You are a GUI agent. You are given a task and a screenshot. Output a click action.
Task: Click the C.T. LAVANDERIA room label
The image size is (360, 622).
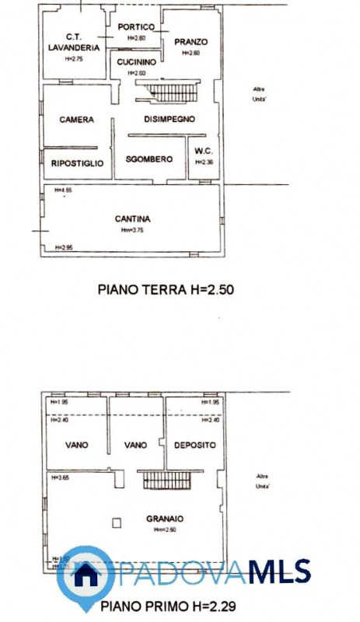pyautogui.click(x=75, y=42)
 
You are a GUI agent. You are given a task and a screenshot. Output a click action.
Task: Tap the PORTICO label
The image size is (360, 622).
pyautogui.click(x=136, y=27)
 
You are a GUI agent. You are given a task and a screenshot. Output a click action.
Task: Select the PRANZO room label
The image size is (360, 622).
pyautogui.click(x=190, y=42)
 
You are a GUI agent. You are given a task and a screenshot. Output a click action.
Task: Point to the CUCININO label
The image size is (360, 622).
pyautogui.click(x=136, y=61)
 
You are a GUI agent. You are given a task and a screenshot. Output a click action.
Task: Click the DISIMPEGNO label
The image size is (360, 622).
pyautogui.click(x=169, y=119)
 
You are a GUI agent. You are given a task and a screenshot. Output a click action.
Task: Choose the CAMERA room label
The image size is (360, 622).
pyautogui.click(x=77, y=120)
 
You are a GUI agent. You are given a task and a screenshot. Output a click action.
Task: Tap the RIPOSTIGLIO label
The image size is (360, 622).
pyautogui.click(x=77, y=163)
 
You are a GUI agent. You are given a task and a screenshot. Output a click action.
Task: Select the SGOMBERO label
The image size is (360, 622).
pyautogui.click(x=149, y=159)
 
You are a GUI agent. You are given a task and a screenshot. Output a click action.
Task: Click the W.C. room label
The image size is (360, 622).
pyautogui.click(x=204, y=151)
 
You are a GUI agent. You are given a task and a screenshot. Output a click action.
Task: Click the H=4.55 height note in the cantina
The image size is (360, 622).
pyautogui.click(x=63, y=190)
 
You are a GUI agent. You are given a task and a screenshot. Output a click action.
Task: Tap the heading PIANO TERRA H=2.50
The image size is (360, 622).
pyautogui.click(x=166, y=290)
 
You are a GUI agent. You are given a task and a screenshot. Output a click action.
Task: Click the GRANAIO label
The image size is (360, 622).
pyautogui.click(x=164, y=518)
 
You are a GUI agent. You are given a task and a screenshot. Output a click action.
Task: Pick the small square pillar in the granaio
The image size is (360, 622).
pyautogui.click(x=117, y=523)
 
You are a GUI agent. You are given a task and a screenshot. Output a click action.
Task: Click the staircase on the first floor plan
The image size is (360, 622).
pyautogui.click(x=166, y=480)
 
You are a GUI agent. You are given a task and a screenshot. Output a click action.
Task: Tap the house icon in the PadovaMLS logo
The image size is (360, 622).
pyautogui.click(x=86, y=575)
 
